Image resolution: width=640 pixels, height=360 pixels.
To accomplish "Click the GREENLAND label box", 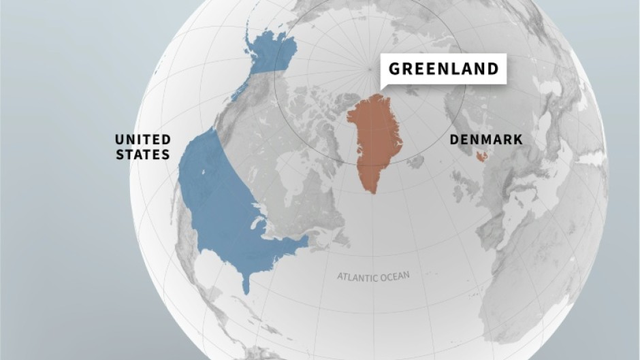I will coord(443,69).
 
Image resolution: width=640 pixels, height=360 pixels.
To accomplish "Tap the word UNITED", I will coord(143,140).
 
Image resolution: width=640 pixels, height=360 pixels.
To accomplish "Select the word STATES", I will coord(143,154).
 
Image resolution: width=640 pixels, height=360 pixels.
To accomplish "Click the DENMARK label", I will coord(486,140).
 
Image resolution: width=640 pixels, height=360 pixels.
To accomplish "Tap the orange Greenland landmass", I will coord(375,136).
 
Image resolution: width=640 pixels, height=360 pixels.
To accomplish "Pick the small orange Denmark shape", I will coord(482,157).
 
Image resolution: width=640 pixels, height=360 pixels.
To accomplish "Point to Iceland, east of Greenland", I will coord(416,161).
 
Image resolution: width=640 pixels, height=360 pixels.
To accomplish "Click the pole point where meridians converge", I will coord(369,68).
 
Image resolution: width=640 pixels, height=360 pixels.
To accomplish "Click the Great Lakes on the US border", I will coord(262,225).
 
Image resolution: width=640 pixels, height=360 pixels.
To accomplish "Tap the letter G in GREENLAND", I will coord(394,69).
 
